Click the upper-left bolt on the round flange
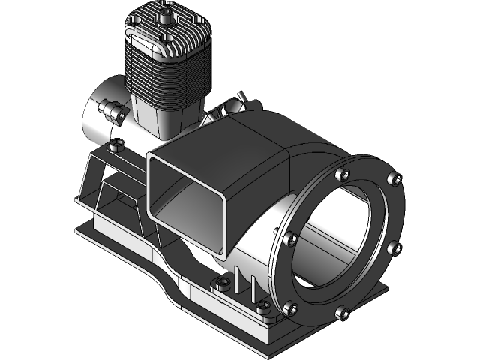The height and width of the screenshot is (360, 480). (343, 175)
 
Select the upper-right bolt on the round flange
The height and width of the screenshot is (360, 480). (394, 178)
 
